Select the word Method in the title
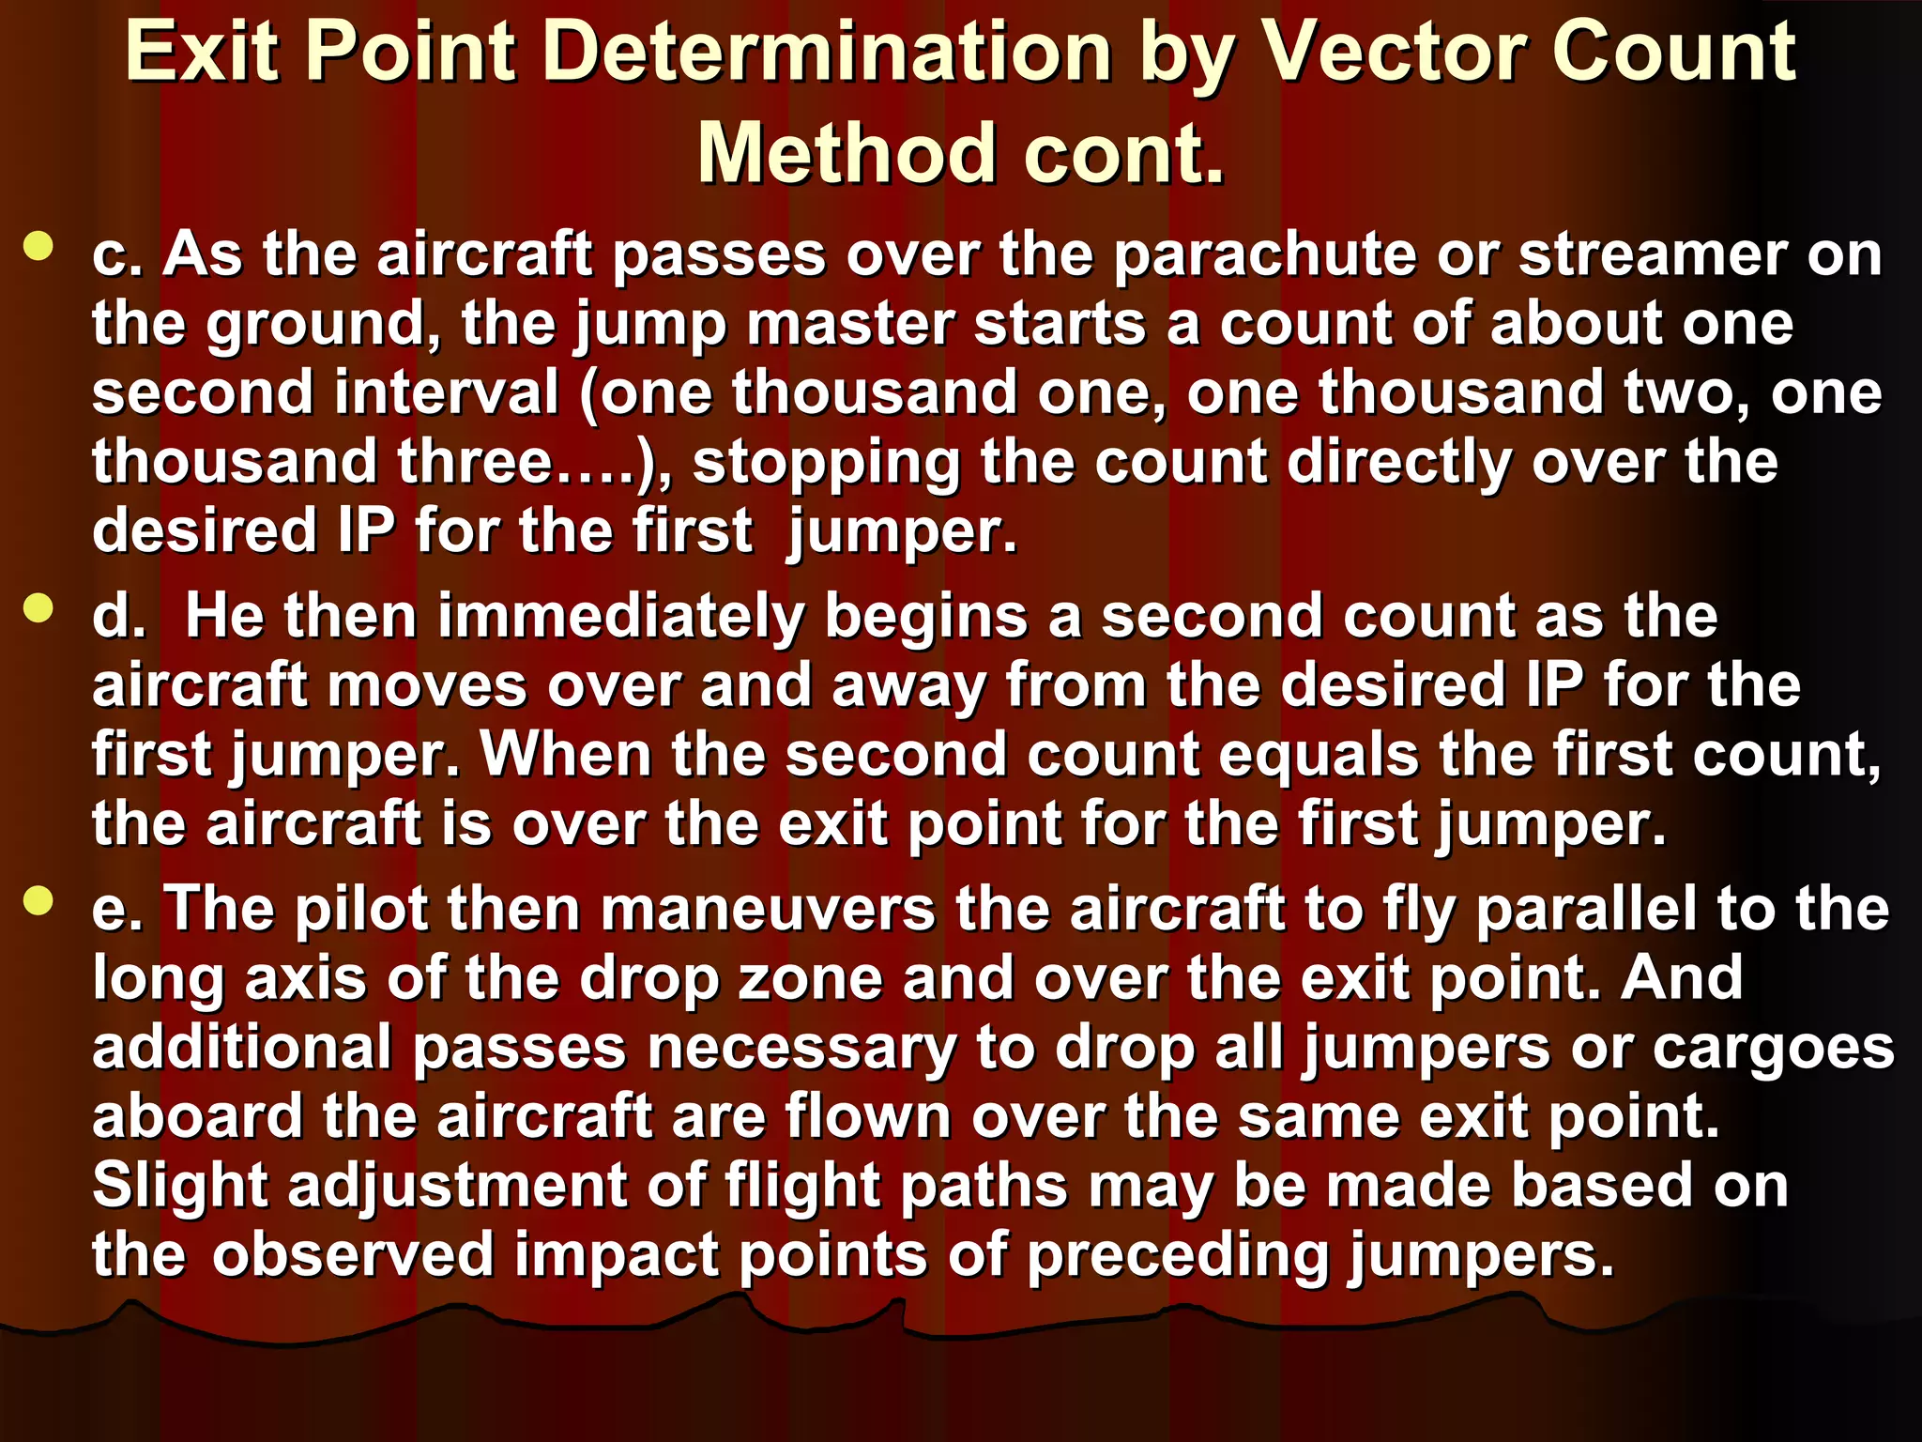coord(845,153)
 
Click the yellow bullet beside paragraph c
coord(38,246)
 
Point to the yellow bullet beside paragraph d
coord(38,608)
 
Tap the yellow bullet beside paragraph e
coord(38,901)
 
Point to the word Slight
coord(180,1187)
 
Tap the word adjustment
coord(457,1187)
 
